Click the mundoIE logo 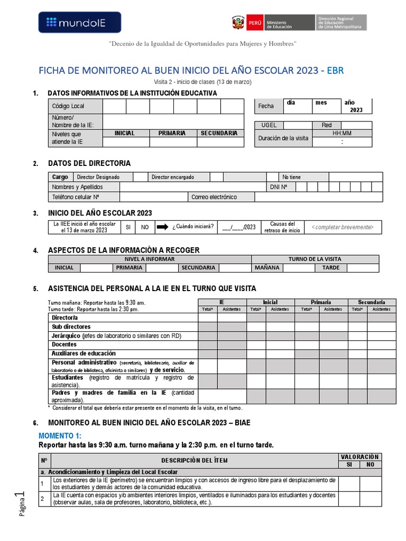click(x=80, y=22)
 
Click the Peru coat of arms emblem click(x=238, y=23)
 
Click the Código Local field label click(x=68, y=106)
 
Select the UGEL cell click(x=269, y=125)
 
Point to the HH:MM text click(x=342, y=133)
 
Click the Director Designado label click(x=98, y=177)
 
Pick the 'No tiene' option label click(x=291, y=177)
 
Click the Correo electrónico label click(x=214, y=197)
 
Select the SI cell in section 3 click(x=127, y=227)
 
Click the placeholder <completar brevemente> click(x=343, y=227)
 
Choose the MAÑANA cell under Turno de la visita click(x=266, y=268)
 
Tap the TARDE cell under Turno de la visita click(x=327, y=268)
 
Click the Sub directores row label click(x=71, y=327)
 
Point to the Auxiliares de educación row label click(x=83, y=353)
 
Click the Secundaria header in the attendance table click(x=372, y=302)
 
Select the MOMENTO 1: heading click(x=60, y=435)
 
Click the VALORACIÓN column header click(x=359, y=456)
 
